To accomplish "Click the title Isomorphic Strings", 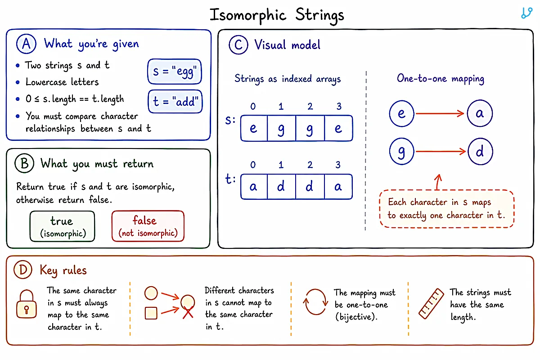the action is tap(277, 15).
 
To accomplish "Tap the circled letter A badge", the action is tap(26, 44).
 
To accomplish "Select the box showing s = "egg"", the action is tap(175, 72).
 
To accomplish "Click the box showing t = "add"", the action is tap(175, 101).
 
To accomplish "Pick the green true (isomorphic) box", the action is tap(62, 226).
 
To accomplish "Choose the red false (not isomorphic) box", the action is tap(148, 226).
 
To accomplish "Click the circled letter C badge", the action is tap(238, 45).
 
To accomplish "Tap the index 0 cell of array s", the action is tap(254, 128).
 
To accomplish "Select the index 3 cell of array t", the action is tap(338, 187).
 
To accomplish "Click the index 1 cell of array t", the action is tap(281, 187).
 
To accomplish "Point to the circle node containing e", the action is tap(401, 113).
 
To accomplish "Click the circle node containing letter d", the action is tap(480, 152).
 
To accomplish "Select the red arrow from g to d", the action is tap(441, 152).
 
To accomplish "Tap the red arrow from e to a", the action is tap(440, 113).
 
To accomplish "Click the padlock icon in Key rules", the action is tap(27, 304).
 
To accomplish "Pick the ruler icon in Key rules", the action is tap(431, 304).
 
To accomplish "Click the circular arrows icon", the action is tap(315, 301).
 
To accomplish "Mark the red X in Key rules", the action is tap(188, 312).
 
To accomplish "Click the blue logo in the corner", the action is tap(527, 13).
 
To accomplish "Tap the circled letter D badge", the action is tap(23, 270).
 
